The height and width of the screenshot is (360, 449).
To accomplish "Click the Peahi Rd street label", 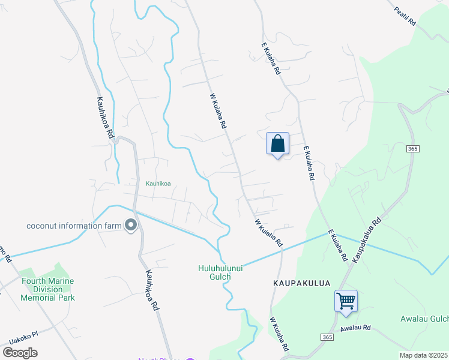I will (405, 16).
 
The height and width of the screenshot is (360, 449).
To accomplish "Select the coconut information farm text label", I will (73, 226).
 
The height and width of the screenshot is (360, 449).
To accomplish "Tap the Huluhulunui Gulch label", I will (221, 272).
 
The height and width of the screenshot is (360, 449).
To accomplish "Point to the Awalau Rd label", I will (356, 328).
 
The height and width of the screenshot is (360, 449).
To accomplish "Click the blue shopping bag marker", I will (277, 144).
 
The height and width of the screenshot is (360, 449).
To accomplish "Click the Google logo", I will (20, 352).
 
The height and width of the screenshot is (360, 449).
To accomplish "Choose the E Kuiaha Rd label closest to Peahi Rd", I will (271, 58).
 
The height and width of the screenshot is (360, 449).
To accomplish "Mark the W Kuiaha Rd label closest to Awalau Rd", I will (279, 335).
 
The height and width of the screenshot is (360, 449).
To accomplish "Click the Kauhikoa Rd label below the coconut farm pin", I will (151, 289).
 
